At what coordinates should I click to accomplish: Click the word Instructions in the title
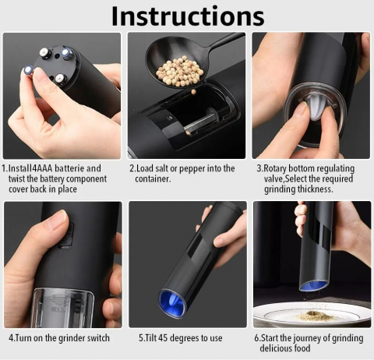[188, 16]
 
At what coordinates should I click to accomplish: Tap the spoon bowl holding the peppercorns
[178, 64]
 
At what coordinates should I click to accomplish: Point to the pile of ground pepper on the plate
[316, 316]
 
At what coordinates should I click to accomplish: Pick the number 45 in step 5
[163, 338]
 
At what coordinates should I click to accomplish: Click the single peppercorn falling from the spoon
[193, 92]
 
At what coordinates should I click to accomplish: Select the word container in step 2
[153, 179]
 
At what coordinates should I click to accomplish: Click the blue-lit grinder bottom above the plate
[313, 286]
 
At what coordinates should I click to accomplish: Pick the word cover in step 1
[18, 189]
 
